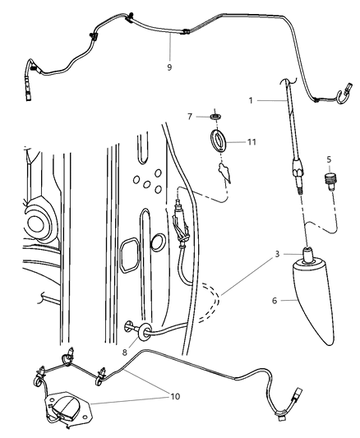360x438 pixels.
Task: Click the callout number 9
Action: coord(168,67)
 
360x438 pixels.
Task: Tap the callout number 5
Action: coord(328,159)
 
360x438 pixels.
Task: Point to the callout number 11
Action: coord(252,141)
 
